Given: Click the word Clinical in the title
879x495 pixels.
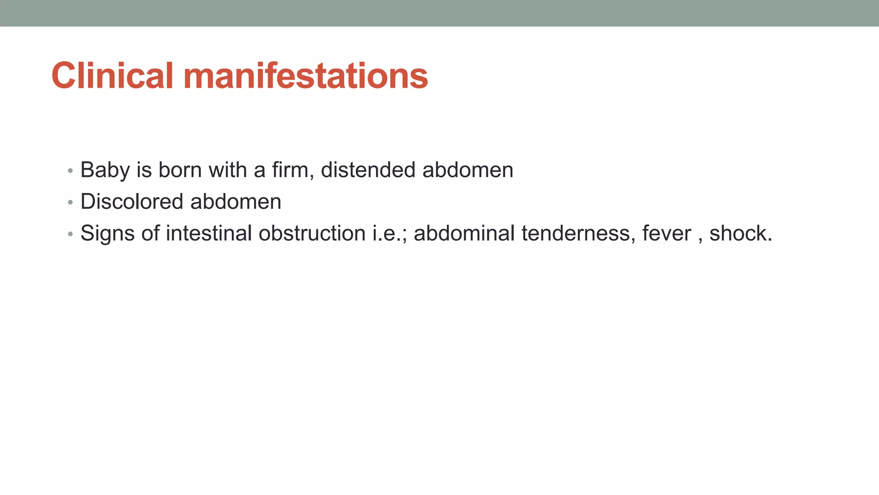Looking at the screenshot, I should pos(112,76).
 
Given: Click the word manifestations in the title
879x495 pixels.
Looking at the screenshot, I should pos(306,76).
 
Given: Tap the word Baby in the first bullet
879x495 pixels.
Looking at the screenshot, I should pos(105,170).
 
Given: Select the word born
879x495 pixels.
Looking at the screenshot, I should pos(180,170).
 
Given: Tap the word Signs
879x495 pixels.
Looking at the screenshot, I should pos(107,233).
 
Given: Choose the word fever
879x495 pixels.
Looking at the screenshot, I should pos(667,234).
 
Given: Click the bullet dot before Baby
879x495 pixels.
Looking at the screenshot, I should pos(70,171).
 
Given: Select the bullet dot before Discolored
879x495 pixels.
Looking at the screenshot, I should pos(70,202).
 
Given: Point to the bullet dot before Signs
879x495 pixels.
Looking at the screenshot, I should pos(70,234).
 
